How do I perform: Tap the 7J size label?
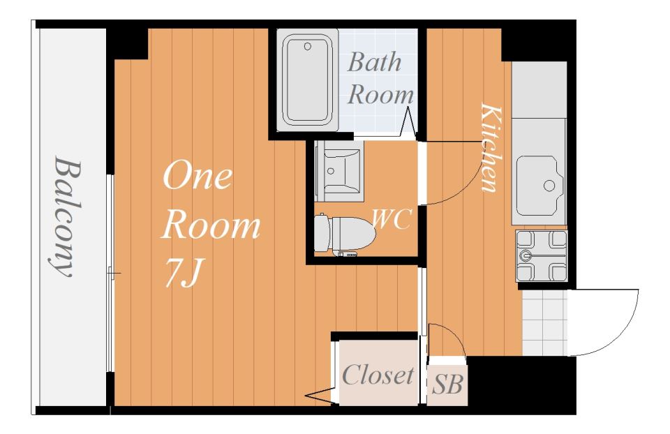(x=182, y=273)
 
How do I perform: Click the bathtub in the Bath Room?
(x=307, y=80)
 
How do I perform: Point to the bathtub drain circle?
(x=308, y=47)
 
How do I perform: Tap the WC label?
(x=392, y=218)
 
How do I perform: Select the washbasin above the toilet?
(x=339, y=171)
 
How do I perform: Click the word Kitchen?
(x=489, y=147)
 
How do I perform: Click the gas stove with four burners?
(x=542, y=255)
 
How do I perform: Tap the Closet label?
(x=378, y=375)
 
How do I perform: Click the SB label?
(x=447, y=384)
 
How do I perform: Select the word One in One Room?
(x=198, y=175)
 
